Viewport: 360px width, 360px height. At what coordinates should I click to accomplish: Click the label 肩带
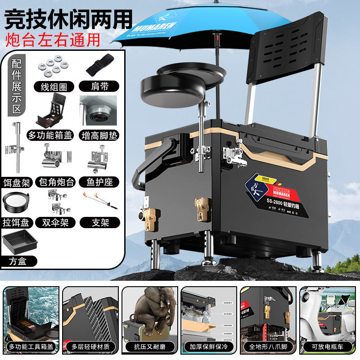(99, 86)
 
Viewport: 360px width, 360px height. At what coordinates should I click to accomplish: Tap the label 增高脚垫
(99, 135)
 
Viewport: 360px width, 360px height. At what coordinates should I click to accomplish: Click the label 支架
(100, 222)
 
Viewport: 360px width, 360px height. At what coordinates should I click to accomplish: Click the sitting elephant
(153, 310)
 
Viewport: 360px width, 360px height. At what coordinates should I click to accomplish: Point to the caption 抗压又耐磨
(149, 347)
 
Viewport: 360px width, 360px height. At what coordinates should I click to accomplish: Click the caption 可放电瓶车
(328, 347)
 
